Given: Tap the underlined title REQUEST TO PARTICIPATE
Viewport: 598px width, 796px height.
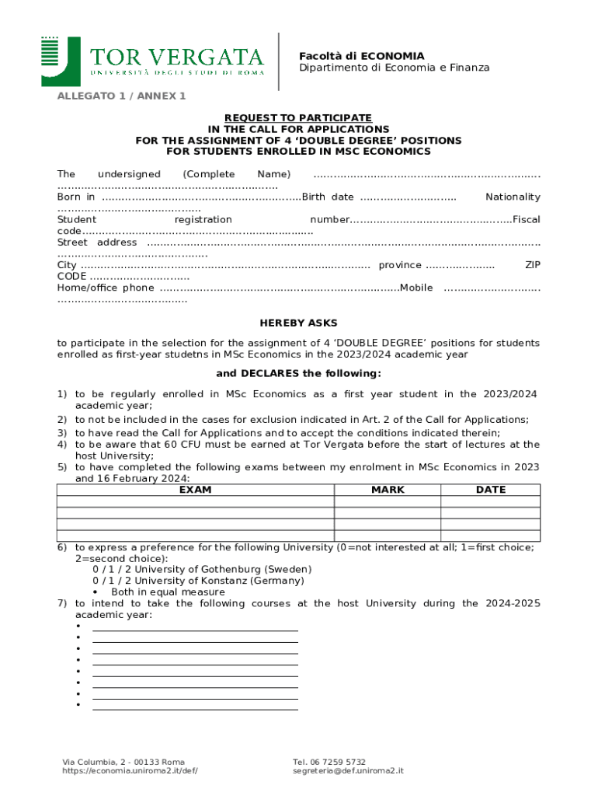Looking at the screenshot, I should [x=298, y=117].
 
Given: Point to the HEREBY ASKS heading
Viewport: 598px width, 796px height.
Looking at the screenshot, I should [x=298, y=323].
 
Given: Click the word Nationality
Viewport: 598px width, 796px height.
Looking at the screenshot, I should [x=513, y=197].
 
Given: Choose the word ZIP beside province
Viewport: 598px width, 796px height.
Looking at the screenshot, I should [x=533, y=265].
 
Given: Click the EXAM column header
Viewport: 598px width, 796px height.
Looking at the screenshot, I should [x=195, y=490].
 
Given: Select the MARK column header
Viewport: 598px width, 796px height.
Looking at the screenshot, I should [x=388, y=490].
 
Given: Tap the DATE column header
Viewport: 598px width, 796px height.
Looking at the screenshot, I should [x=491, y=490].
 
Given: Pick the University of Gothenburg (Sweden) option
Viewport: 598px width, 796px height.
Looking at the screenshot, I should [x=202, y=569].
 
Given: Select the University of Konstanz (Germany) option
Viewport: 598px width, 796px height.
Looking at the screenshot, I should [x=198, y=581].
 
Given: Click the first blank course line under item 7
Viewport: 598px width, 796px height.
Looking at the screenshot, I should [x=195, y=629].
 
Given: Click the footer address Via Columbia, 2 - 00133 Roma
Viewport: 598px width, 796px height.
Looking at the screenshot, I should [x=123, y=762].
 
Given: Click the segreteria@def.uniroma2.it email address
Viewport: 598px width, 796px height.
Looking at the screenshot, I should [x=348, y=771].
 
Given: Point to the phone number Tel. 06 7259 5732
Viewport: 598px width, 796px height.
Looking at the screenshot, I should [x=329, y=762].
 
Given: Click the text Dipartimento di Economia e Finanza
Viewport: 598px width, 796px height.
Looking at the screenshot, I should [x=395, y=68].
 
